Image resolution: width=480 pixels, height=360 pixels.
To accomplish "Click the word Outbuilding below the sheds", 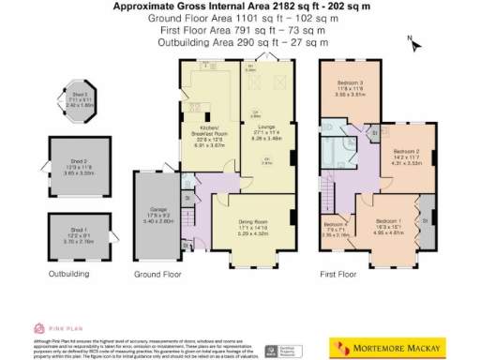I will (x=68, y=275).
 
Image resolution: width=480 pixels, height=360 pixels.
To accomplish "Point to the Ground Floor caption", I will (x=157, y=275).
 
